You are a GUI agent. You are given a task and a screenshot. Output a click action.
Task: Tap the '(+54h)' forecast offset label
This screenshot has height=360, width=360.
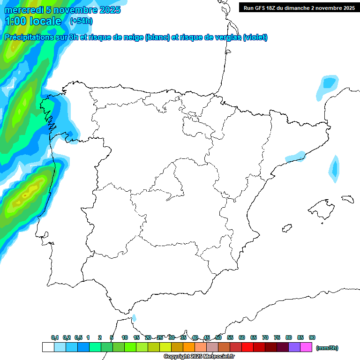tap(81, 21)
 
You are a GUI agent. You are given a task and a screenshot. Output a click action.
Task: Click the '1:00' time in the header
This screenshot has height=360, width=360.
tap(15, 21)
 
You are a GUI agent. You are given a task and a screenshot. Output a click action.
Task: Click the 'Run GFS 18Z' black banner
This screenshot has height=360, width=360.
tap(299, 7)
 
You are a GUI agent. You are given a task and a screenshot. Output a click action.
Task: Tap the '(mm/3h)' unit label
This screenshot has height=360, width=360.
tap(327, 347)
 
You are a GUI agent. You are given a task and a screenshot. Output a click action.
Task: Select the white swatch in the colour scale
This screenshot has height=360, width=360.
tap(48, 347)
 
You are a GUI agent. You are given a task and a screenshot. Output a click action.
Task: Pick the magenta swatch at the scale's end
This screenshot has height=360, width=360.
tap(306, 347)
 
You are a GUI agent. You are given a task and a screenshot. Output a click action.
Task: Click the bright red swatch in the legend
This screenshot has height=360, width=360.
tap(247, 347)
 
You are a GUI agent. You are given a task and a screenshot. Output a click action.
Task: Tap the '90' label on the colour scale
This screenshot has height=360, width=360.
tap(312, 337)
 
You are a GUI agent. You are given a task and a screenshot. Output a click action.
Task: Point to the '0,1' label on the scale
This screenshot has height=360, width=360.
tap(55, 337)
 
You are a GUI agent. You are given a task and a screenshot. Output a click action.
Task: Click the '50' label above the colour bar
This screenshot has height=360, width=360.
tap(218, 337)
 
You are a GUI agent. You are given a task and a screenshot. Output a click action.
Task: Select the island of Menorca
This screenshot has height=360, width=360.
tap(347, 199)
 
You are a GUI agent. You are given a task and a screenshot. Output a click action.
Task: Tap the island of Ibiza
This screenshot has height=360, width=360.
tap(287, 228)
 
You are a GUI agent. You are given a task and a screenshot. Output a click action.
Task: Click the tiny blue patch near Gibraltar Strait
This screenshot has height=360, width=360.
tap(134, 318)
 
